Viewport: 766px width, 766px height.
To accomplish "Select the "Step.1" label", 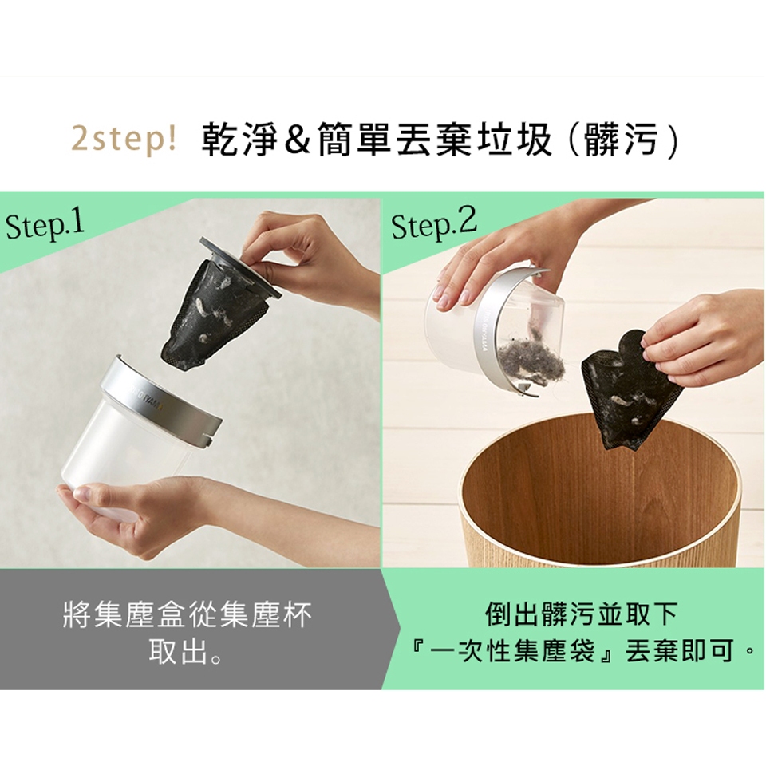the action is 45,226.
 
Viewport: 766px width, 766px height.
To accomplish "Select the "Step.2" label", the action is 434,225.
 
